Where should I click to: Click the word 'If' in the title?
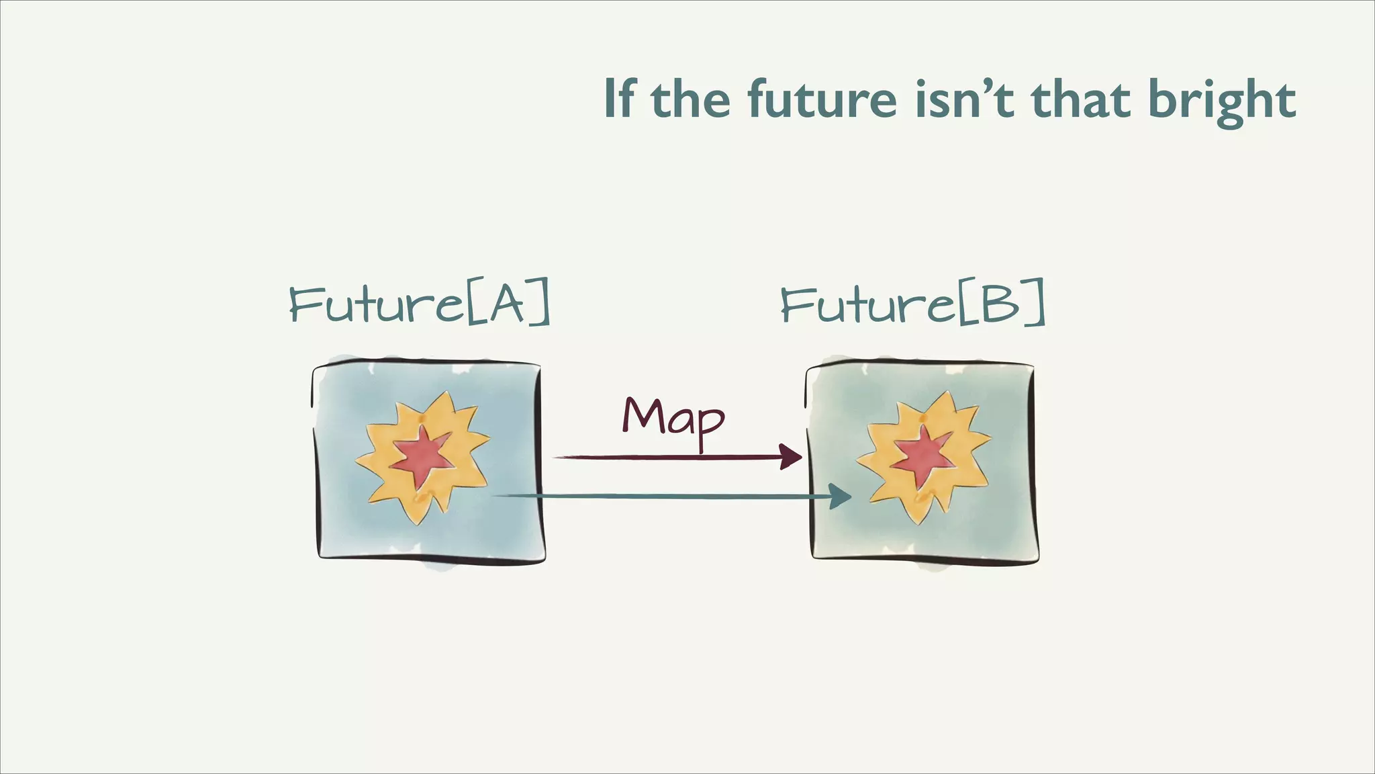618,99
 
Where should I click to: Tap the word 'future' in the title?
822,99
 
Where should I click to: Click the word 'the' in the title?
690,99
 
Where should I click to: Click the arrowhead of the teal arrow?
840,497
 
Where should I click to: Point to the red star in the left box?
421,456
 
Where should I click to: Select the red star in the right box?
922,456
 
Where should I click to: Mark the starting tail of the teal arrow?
497,496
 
